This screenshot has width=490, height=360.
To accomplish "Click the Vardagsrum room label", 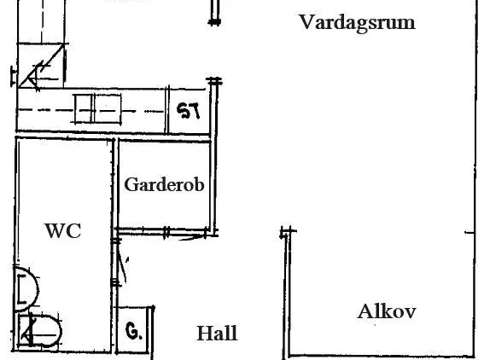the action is coord(357,23).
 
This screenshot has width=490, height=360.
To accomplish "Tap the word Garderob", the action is coord(164,184).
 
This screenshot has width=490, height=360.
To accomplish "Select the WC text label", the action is coord(63,230).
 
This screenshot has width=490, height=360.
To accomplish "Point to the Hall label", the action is coord(217,334).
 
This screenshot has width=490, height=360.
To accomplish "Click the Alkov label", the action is coord(387,311).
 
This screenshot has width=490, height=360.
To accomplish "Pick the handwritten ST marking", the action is coord(188,111).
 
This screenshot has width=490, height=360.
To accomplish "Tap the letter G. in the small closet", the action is coord(134,331).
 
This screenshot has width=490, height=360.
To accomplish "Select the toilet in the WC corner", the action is coord(40,331).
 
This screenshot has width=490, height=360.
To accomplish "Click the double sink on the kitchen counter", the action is coord(98,109).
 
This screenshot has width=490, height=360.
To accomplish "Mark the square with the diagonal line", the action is coord(41,65).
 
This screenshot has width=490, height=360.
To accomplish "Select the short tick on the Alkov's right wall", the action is coord(470,232).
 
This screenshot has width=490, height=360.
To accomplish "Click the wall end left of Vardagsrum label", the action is coord(214,22).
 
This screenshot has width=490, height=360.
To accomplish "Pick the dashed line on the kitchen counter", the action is coord(90,111).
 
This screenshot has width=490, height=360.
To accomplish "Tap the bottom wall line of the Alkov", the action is coord(382,356).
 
